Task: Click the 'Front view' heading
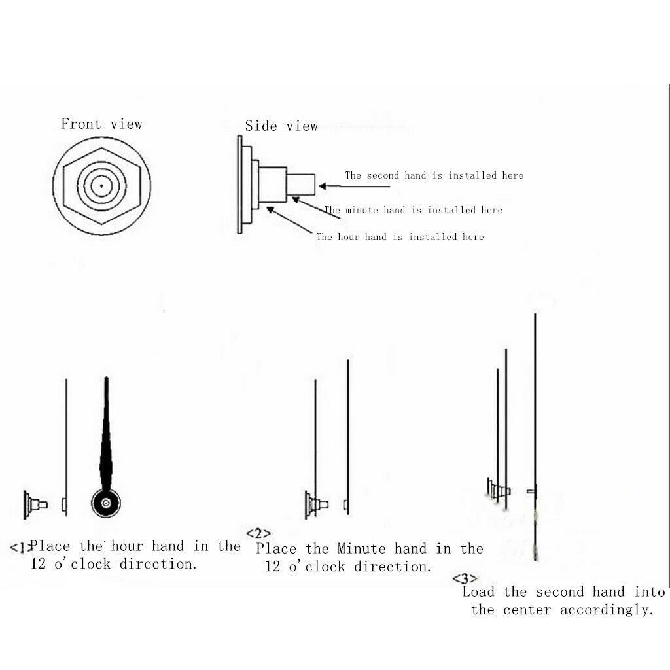(101, 124)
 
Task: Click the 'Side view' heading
(281, 126)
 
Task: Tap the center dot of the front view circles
(101, 186)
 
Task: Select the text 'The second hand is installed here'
(434, 175)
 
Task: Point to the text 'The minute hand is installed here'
(414, 210)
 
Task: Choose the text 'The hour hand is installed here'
(400, 237)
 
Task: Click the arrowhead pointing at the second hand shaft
(323, 186)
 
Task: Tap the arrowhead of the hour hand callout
(270, 209)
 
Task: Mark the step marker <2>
(258, 534)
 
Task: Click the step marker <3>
(465, 578)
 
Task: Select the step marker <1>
(20, 548)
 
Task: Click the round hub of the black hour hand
(106, 503)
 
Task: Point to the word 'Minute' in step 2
(361, 549)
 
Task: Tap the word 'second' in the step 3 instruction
(560, 591)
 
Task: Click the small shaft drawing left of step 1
(35, 504)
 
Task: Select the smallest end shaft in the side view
(301, 184)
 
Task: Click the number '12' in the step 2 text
(273, 567)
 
